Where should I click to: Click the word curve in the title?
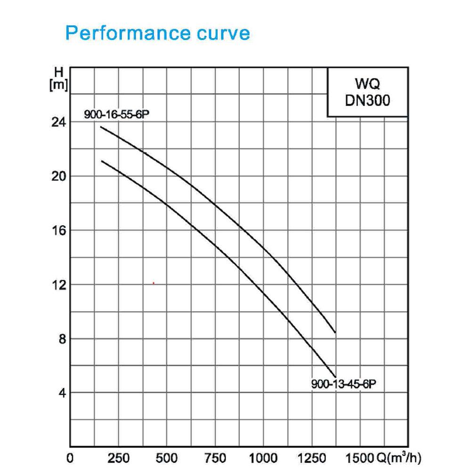(x=223, y=33)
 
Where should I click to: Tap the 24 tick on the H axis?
(x=58, y=122)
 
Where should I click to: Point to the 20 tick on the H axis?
(x=58, y=176)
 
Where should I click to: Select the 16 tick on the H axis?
(x=58, y=230)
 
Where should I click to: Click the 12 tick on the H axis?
(x=58, y=285)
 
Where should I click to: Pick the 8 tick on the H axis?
(x=62, y=339)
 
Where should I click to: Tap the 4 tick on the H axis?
(x=62, y=393)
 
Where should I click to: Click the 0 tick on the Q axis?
(x=70, y=458)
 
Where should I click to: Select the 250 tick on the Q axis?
(x=119, y=458)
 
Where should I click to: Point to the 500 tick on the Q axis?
(x=167, y=458)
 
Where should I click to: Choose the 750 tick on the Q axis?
(x=215, y=458)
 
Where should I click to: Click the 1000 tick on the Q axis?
(x=263, y=458)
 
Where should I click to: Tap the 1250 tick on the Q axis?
(x=312, y=458)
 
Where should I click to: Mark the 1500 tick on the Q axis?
(x=360, y=458)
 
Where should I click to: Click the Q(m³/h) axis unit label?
(x=399, y=458)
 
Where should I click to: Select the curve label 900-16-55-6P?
(x=116, y=114)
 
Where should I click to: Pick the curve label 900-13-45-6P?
(x=344, y=384)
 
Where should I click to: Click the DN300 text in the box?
(x=368, y=100)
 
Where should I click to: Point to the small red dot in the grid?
(x=154, y=283)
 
